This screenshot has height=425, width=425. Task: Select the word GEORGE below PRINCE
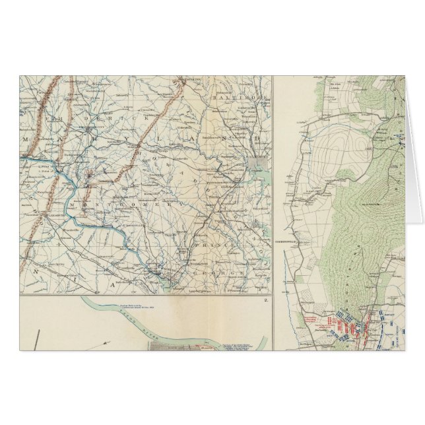[x=228, y=271]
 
